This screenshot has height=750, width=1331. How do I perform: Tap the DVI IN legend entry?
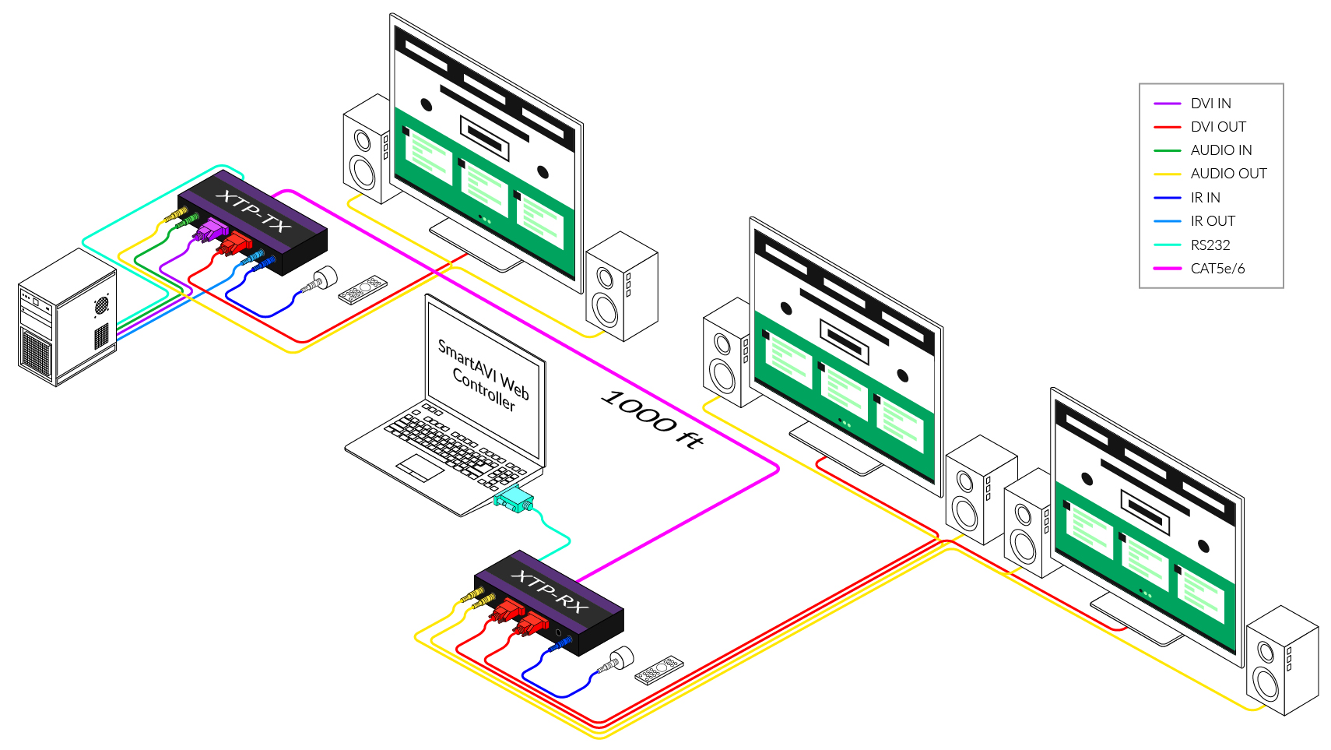pyautogui.click(x=1210, y=104)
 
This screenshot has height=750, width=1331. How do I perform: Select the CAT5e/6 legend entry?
pyautogui.click(x=1217, y=269)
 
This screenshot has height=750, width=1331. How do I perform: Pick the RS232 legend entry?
pyautogui.click(x=1210, y=245)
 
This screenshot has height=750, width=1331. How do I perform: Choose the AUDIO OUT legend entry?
pyautogui.click(x=1228, y=174)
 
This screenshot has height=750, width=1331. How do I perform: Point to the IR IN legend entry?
pyautogui.click(x=1205, y=198)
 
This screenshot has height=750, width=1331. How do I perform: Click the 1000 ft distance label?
pyautogui.click(x=652, y=419)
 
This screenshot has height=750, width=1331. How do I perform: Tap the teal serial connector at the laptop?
pyautogui.click(x=514, y=498)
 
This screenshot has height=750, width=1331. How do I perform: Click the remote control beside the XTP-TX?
pyautogui.click(x=363, y=288)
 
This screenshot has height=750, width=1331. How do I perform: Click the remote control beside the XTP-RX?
pyautogui.click(x=659, y=669)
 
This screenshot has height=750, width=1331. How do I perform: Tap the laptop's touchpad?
pyautogui.click(x=420, y=467)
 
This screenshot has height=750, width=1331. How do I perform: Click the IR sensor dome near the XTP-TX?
pyautogui.click(x=325, y=276)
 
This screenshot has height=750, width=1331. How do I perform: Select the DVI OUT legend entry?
pyautogui.click(x=1218, y=127)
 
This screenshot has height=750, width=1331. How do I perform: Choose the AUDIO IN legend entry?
pyautogui.click(x=1220, y=150)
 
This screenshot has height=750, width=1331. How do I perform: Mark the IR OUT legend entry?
pyautogui.click(x=1213, y=221)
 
